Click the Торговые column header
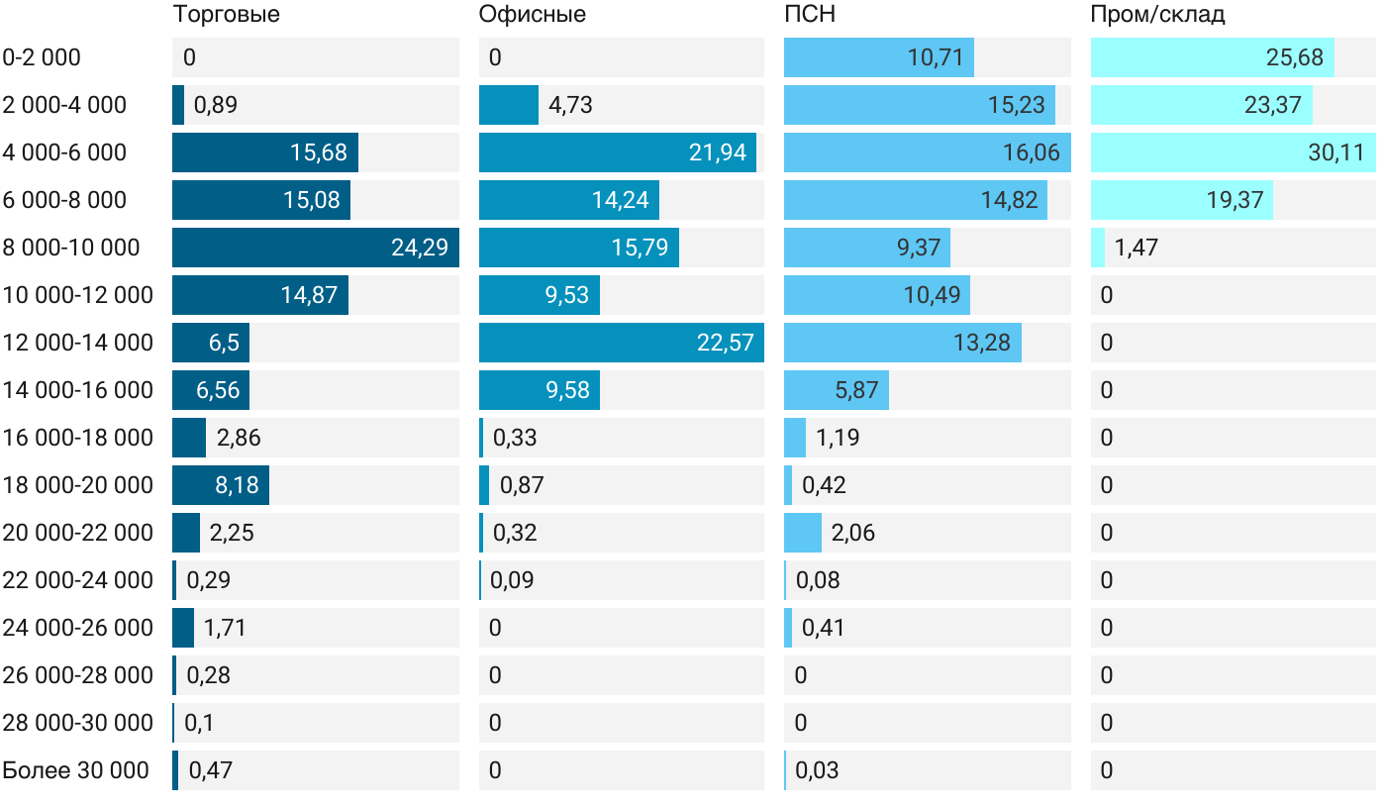click(x=226, y=14)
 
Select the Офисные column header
click(x=532, y=14)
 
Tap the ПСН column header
click(x=803, y=14)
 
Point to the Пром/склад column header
click(x=1157, y=14)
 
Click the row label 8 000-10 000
click(x=71, y=248)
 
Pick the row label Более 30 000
click(x=76, y=770)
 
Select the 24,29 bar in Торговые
click(x=315, y=248)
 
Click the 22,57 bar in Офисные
click(x=621, y=343)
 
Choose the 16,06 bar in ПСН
click(x=927, y=152)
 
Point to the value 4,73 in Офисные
click(x=570, y=105)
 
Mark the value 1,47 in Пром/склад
click(x=1136, y=248)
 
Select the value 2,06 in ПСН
click(x=852, y=533)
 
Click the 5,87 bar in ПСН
click(x=836, y=390)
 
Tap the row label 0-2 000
click(x=42, y=57)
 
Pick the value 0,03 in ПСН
click(x=817, y=770)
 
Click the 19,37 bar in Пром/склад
click(x=1181, y=200)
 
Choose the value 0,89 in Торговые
click(x=215, y=105)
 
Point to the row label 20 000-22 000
click(x=78, y=533)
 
